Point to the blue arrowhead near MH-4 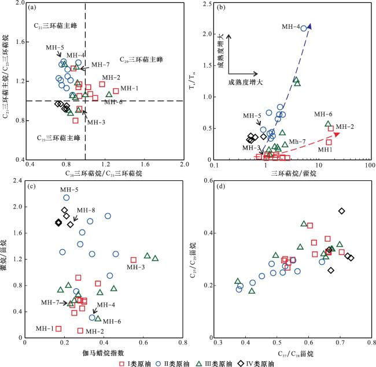(309, 25)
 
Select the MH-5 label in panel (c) (69, 190)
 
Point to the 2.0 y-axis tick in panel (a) (21, 3)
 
